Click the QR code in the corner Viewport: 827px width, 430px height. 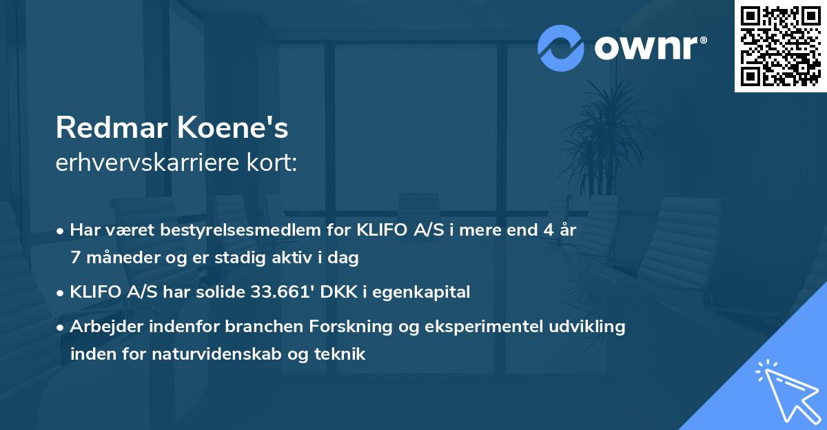click(x=780, y=46)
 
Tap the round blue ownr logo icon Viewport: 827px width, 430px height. click(x=560, y=48)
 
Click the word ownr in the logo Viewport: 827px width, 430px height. click(x=646, y=48)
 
